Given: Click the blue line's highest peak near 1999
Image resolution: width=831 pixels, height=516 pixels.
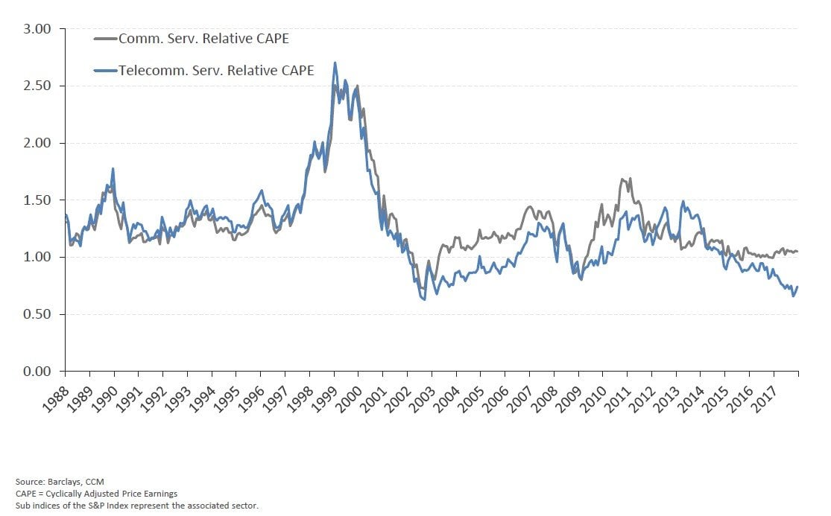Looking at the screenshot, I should (335, 63).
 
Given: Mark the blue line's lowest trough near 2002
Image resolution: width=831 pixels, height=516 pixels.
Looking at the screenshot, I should (424, 299).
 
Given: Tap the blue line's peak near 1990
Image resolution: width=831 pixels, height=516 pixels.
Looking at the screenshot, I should (113, 169).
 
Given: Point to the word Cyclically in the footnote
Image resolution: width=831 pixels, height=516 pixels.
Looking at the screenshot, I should (62, 494).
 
